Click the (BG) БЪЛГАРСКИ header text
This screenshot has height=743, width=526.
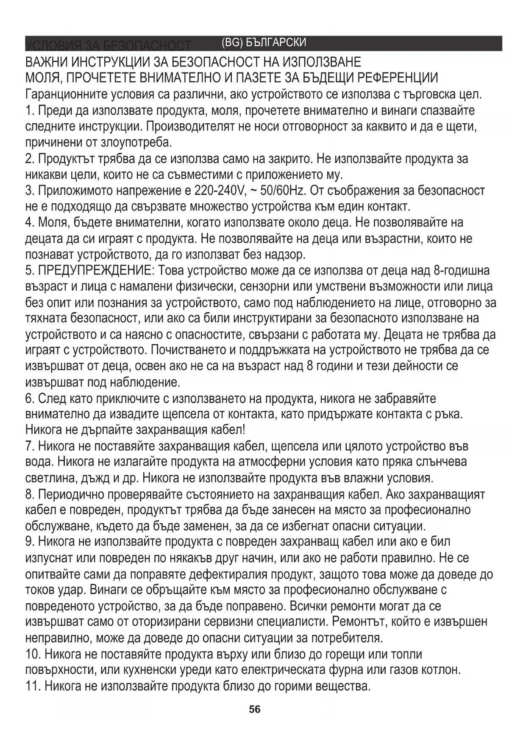(263, 43)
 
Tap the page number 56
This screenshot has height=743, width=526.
(255, 709)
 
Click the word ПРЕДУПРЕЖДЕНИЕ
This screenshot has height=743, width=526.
(95, 270)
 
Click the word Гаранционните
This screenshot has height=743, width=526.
(67, 94)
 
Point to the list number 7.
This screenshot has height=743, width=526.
(29, 446)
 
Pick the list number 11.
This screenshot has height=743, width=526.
(32, 686)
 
